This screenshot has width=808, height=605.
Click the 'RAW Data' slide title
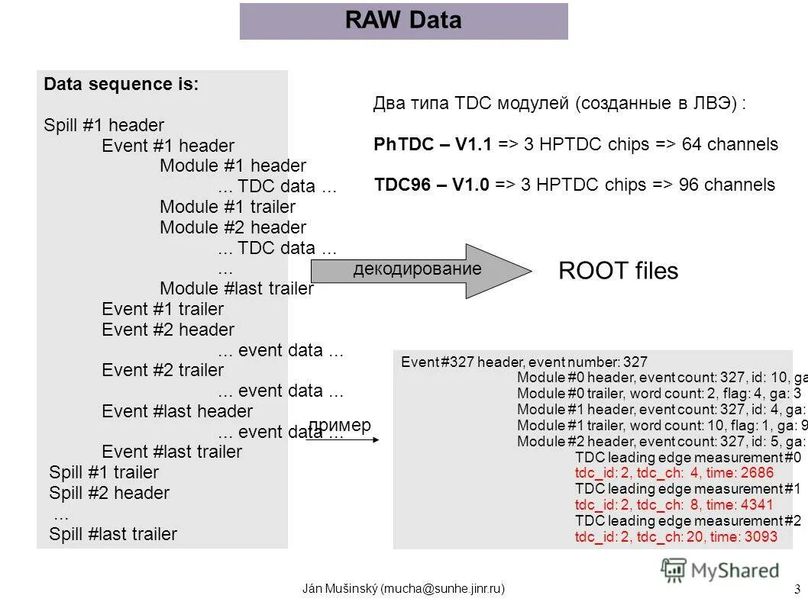pos(403,21)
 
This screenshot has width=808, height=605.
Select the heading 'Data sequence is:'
pos(121,85)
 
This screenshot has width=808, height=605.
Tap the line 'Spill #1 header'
pos(104,125)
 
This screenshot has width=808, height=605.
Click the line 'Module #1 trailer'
pos(227,207)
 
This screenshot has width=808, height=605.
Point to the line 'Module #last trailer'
pos(236,288)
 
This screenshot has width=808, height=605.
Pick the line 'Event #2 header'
pos(168,330)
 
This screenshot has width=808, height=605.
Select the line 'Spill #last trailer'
pos(113,534)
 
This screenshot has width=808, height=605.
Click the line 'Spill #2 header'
pos(109,493)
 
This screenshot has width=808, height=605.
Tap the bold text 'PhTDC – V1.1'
pos(433,144)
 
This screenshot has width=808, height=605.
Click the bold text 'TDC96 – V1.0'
pos(431,185)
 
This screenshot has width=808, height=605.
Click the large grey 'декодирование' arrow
pos(420,271)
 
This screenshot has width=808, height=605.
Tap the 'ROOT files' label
pos(618,271)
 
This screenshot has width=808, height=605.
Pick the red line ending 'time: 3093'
pos(675,537)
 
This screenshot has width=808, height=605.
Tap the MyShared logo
pos(720,570)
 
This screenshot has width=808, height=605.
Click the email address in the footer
pos(444,588)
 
